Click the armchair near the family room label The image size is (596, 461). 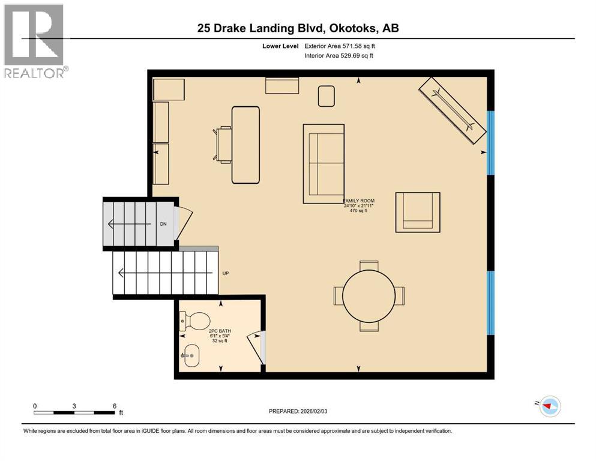pyautogui.click(x=418, y=212)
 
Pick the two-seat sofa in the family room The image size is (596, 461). pyautogui.click(x=324, y=163)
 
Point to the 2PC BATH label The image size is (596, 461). pyautogui.click(x=220, y=332)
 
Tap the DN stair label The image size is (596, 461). pyautogui.click(x=163, y=224)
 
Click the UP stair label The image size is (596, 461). pyautogui.click(x=226, y=274)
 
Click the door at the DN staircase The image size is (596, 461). pyautogui.click(x=182, y=223)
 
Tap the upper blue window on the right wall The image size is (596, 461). pyautogui.click(x=490, y=142)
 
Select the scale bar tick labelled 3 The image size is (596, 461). pyautogui.click(x=74, y=406)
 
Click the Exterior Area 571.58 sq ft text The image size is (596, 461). pyautogui.click(x=341, y=46)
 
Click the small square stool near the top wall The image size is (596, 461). pyautogui.click(x=326, y=96)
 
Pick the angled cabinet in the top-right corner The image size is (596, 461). pyautogui.click(x=453, y=110)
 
